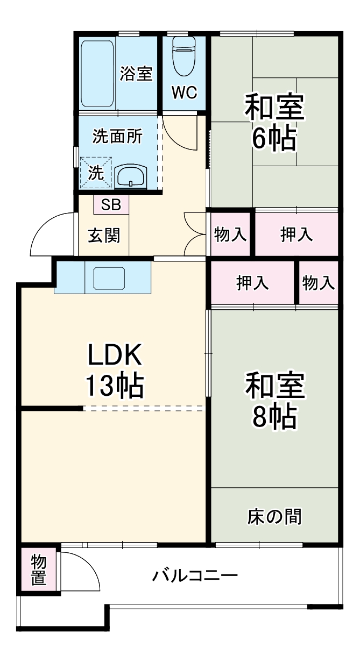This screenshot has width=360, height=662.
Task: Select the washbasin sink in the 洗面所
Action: (131, 176)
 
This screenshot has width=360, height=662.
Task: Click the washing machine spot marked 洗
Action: (96, 173)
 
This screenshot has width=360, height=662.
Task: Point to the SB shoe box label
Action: (111, 204)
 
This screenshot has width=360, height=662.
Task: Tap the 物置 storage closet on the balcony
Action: (39, 570)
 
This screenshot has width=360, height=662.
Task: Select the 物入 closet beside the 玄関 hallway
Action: (230, 234)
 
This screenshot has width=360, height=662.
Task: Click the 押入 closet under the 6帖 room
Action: (296, 234)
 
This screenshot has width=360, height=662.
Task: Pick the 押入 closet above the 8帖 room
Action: (253, 283)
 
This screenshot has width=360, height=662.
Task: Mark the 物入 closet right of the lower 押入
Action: (319, 283)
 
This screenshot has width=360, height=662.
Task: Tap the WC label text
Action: (184, 92)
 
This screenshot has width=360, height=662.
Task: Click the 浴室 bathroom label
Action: (136, 74)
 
